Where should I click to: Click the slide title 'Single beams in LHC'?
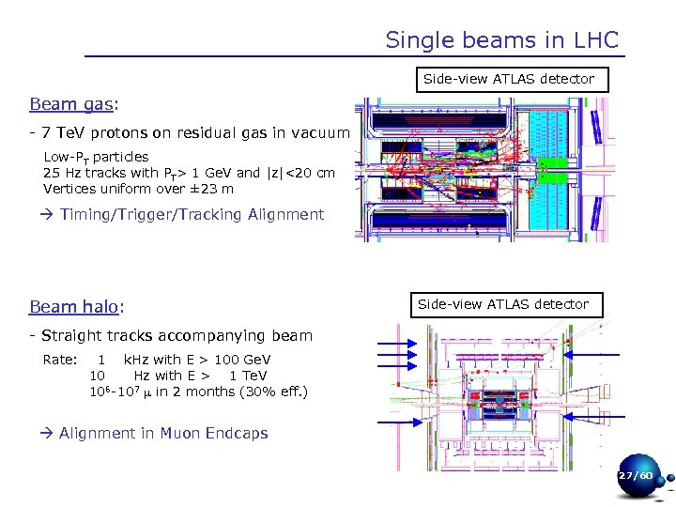point(502,40)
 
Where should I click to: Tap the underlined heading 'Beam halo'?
point(75,306)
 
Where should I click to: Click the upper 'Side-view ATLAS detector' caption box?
point(509,79)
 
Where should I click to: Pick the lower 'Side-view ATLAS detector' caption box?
point(503,304)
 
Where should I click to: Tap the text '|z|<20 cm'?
point(300,173)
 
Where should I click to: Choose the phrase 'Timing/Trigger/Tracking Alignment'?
point(192,214)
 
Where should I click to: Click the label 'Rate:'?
point(60,360)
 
